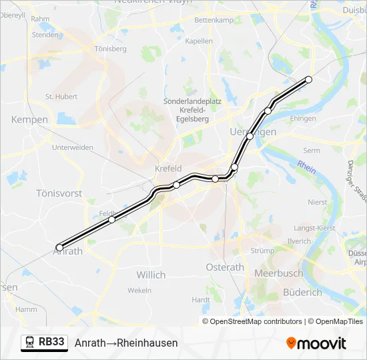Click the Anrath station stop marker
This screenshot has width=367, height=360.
pos(59,247)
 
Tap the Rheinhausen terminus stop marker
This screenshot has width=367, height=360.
pos(308,79)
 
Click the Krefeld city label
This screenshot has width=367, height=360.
pos(168,169)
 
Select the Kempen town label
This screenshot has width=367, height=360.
pos(29,119)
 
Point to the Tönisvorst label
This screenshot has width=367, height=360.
pos(59,193)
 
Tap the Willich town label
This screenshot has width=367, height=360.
pos(151,275)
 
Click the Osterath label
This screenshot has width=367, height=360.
pos(226,267)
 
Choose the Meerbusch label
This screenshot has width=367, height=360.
pos(278,273)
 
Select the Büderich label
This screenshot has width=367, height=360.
pos(284,291)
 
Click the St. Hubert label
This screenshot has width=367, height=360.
pos(61,97)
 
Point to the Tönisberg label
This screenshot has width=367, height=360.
pos(111,49)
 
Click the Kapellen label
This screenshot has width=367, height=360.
pos(199,41)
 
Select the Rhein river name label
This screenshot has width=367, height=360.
pos(306,165)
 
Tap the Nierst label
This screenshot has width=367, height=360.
pos(318,202)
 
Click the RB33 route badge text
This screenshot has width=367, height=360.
pos(52,342)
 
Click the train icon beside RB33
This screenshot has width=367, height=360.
pos(30,343)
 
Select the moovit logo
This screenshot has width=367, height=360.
pos(316,343)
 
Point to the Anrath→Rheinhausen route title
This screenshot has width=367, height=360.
pos(126,343)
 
